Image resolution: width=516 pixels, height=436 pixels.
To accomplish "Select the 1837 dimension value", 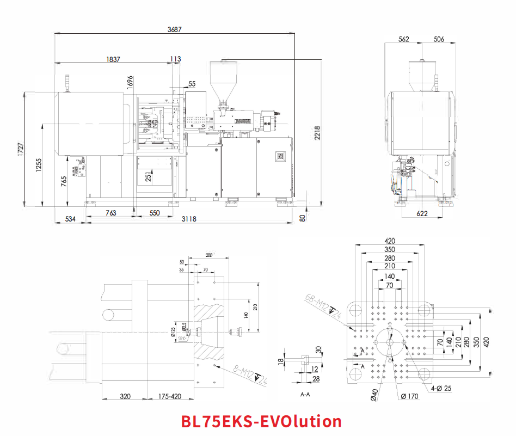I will pos(113,59).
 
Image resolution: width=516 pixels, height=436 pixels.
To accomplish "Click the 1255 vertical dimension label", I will pos(38,165).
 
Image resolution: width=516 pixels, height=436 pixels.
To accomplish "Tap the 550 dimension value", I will pos(155,213).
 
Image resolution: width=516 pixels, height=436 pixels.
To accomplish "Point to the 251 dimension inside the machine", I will pos(149,176).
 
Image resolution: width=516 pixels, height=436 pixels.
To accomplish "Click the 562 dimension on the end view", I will pos(403,39).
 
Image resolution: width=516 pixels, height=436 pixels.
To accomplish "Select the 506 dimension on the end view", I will pos(439,39).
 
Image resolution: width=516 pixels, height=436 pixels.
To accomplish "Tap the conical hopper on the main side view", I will pos(223,79).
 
